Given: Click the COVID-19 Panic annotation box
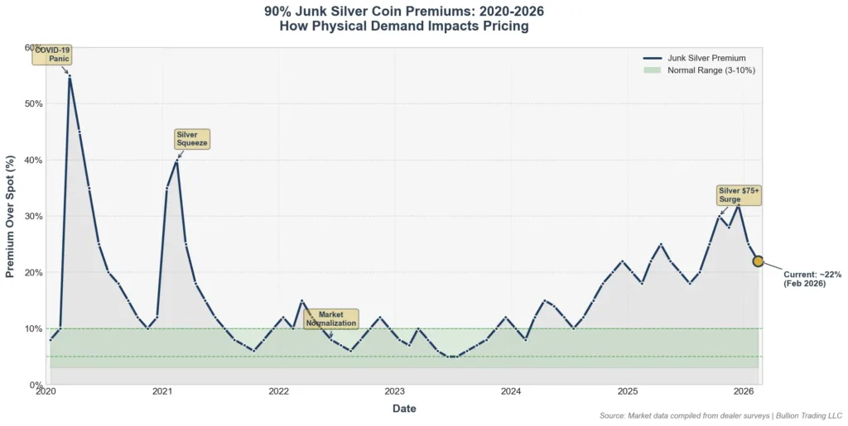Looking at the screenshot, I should tap(52, 55).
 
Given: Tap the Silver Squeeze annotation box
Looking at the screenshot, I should tap(192, 139).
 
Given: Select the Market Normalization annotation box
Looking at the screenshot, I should tap(330, 319).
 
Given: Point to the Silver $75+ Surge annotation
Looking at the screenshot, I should tap(739, 195).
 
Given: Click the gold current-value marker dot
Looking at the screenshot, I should tap(758, 261).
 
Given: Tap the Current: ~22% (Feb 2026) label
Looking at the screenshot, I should tap(812, 279).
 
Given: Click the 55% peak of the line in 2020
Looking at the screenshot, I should tap(70, 76).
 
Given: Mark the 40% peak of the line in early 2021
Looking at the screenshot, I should tap(176, 160).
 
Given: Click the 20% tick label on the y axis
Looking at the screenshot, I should tap(34, 273).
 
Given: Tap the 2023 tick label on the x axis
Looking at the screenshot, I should tap(394, 392).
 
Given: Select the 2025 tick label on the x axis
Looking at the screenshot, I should tap(627, 392).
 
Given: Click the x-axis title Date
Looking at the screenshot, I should tap(404, 409).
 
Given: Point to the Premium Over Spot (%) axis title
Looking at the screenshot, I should tap(11, 216).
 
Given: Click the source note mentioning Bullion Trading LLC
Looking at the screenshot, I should tap(720, 415).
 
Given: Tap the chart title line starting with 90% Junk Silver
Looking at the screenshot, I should tap(404, 12).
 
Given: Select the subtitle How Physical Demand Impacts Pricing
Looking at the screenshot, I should tap(404, 26).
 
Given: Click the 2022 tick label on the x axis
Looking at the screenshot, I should tap(278, 392).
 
